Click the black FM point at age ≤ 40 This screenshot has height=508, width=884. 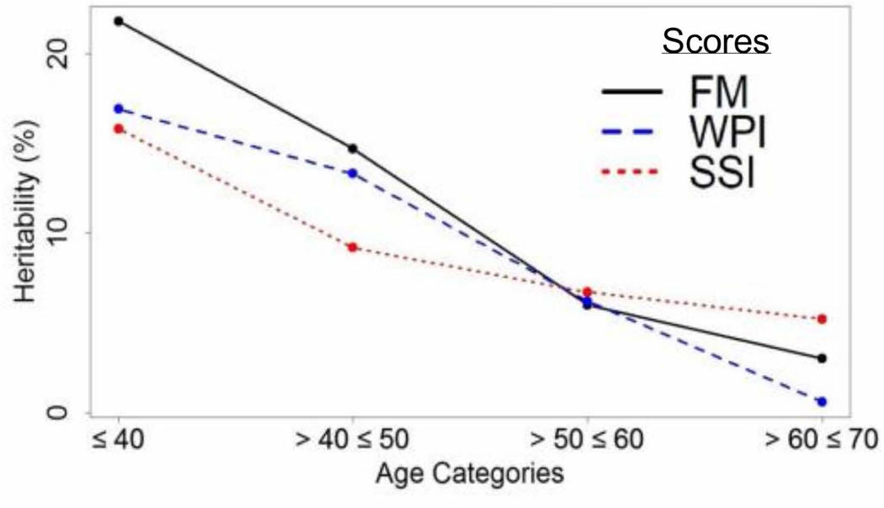[x=119, y=21]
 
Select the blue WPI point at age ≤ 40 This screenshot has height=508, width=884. [x=119, y=108]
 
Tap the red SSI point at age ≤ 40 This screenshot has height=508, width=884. [x=119, y=129]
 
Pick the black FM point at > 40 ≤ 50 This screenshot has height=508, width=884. [x=353, y=149]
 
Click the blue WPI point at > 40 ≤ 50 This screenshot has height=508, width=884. [x=353, y=173]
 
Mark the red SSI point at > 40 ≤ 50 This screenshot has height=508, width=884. [x=353, y=247]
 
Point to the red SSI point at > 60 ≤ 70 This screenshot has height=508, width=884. [x=822, y=319]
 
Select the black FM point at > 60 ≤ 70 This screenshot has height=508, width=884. [x=822, y=358]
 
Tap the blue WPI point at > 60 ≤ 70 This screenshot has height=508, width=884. [x=822, y=401]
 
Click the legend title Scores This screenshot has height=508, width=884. [x=716, y=42]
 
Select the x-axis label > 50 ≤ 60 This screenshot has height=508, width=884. [x=587, y=441]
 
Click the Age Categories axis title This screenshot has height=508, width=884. [x=469, y=474]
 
